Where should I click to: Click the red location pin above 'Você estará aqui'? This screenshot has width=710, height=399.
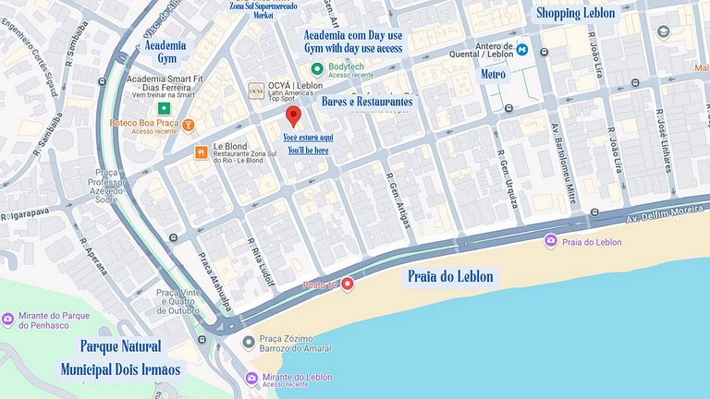click(294, 116)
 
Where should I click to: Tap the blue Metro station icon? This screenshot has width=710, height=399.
click(522, 49)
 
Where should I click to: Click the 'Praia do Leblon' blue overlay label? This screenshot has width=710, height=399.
click(451, 276)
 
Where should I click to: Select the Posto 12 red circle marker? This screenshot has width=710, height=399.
click(348, 284)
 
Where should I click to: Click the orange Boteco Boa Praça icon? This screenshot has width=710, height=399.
click(189, 124)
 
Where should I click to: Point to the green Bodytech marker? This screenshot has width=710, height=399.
click(317, 68)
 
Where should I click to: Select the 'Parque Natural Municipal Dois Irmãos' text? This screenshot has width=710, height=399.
click(120, 358)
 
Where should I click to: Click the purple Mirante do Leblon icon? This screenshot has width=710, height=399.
click(251, 379)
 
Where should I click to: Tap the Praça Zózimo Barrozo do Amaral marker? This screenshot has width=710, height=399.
click(248, 343)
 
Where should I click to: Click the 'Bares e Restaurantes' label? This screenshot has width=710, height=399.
click(367, 101)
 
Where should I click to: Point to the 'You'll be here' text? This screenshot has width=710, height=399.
click(308, 150)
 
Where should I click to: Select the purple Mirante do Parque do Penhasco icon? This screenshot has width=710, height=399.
click(8, 320)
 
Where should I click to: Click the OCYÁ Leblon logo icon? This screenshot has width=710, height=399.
click(256, 91)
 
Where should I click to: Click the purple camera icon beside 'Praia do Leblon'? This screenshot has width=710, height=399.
click(550, 241)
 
